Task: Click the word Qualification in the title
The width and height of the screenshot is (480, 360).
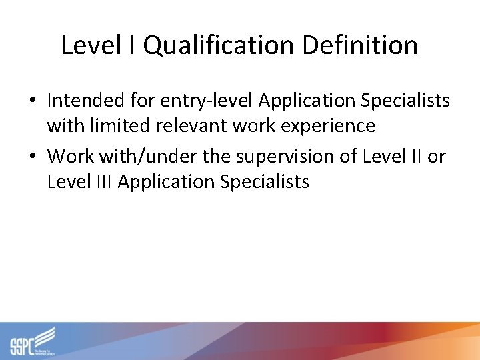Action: point(219,46)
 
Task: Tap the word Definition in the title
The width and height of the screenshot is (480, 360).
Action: point(359,46)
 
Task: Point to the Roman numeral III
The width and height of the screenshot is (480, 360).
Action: point(99,181)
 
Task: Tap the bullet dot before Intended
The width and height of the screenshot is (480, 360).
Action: point(33,101)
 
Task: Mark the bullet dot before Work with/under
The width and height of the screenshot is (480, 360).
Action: point(33,157)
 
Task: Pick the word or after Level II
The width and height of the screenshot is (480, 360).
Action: point(436,156)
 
